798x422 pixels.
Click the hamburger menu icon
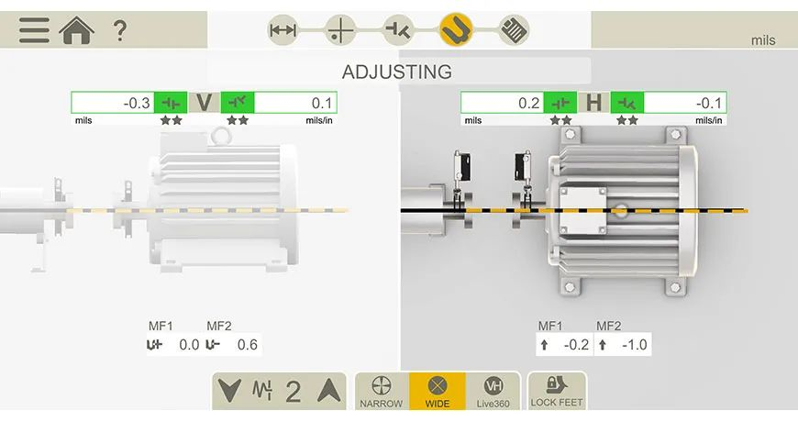point(35,30)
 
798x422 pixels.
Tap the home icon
point(77,30)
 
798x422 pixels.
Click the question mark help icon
point(119,30)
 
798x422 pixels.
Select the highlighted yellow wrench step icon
point(456,29)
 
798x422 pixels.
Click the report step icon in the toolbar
point(513,29)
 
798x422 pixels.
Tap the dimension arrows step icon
point(283,30)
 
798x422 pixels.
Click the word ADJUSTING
point(397,72)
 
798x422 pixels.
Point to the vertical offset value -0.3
point(137,104)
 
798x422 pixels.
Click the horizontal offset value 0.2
point(528,104)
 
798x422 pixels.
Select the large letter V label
point(204,104)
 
